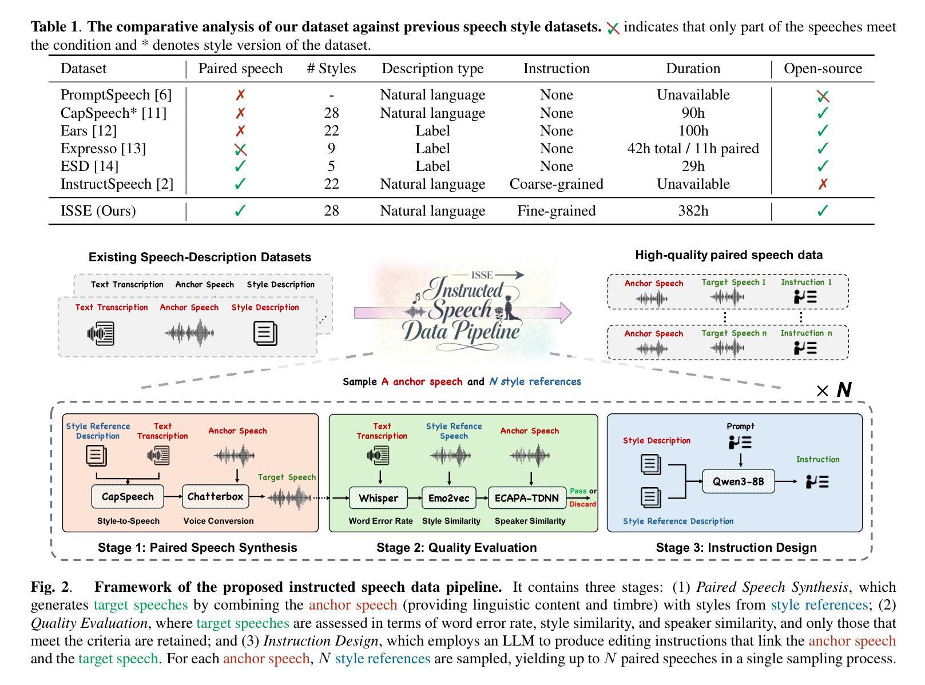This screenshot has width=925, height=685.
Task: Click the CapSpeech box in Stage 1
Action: [x=128, y=497]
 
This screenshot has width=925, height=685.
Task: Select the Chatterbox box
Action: [x=215, y=497]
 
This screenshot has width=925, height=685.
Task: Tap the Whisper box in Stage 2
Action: [x=378, y=498]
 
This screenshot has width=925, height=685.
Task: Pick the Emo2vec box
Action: [x=448, y=498]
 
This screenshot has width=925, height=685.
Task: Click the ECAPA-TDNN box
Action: [x=526, y=498]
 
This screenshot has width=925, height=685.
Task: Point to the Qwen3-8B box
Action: [x=738, y=481]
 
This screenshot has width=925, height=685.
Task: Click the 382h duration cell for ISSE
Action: [x=693, y=211]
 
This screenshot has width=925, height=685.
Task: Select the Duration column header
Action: [x=693, y=69]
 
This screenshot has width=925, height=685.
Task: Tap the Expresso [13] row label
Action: [x=103, y=149]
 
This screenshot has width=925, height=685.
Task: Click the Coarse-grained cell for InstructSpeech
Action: [x=556, y=184]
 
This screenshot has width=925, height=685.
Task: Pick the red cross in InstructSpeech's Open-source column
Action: [x=823, y=184]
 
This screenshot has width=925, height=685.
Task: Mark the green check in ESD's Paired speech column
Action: [x=240, y=166]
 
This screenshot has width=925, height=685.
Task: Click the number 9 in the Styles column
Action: [x=331, y=149]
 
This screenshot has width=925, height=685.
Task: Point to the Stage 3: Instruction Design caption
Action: [x=736, y=548]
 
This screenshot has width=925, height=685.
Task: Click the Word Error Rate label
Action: [x=380, y=521]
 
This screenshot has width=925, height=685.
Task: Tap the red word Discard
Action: [x=582, y=504]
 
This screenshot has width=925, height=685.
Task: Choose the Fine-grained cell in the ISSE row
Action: [x=556, y=211]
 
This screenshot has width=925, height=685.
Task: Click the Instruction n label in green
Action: [x=806, y=333]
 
